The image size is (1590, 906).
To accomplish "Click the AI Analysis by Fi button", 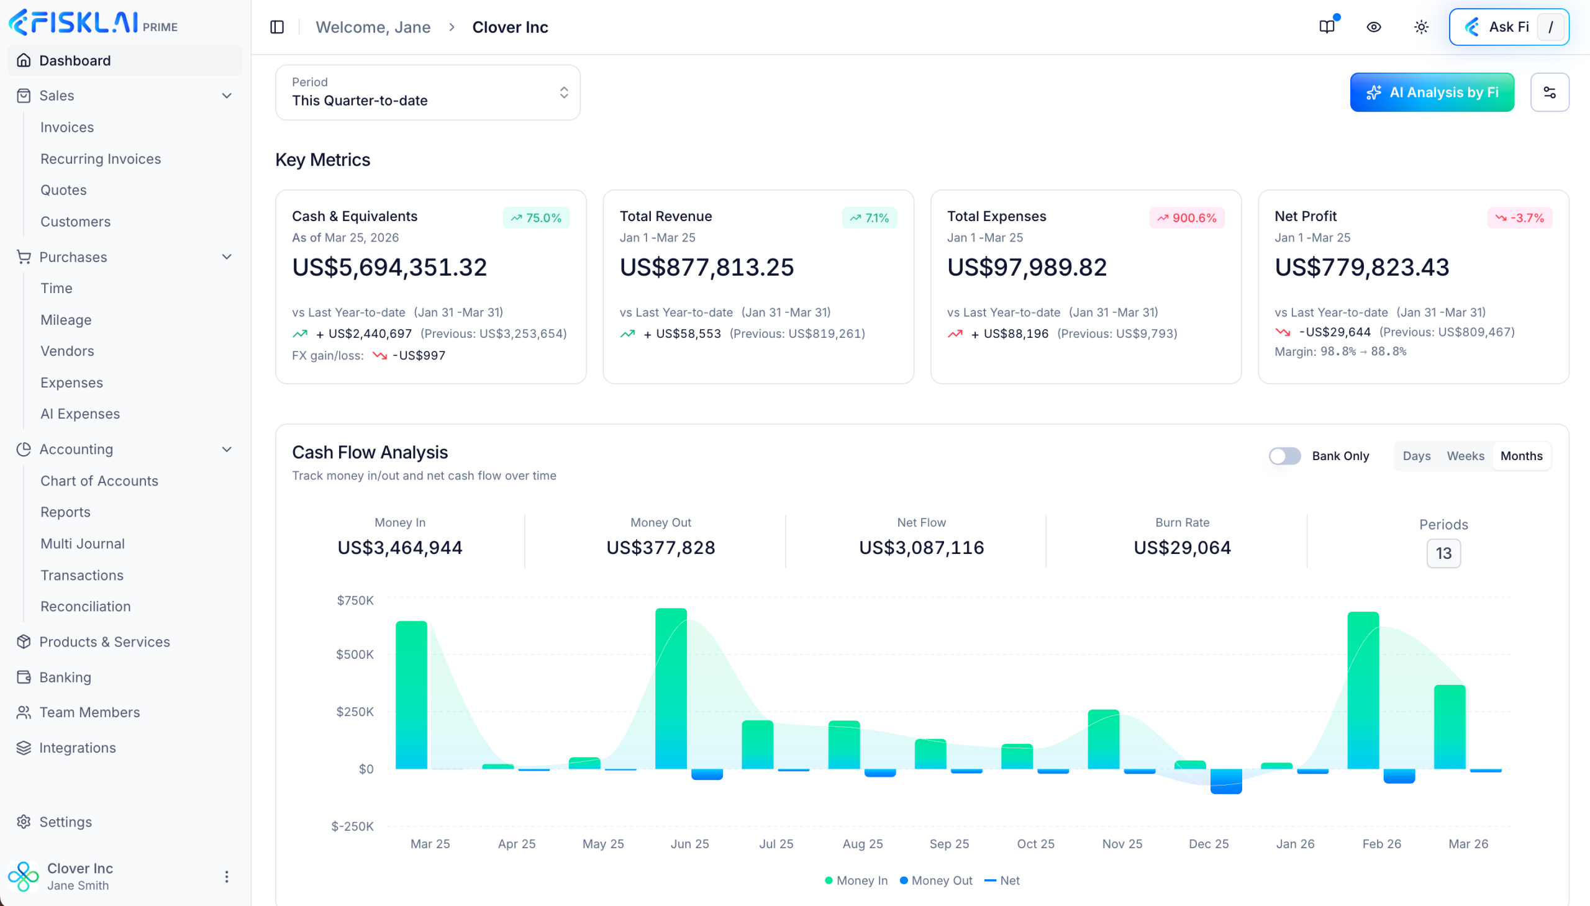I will (1432, 92).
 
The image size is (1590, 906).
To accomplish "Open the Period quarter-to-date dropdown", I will (427, 92).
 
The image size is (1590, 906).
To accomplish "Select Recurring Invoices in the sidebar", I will (100, 159).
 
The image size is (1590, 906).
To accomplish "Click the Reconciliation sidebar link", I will (85, 606).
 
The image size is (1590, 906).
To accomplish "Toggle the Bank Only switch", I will (1284, 456).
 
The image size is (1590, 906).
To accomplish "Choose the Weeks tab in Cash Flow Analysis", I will (1465, 456).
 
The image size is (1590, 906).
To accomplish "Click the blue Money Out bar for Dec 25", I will (1225, 781).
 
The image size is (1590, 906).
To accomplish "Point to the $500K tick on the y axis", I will (355, 654).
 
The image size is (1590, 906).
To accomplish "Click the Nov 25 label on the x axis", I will (1122, 843).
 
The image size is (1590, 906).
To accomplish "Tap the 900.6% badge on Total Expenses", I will (1186, 218).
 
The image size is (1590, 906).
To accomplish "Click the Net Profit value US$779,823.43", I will (1361, 267).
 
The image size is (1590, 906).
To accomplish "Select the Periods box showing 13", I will (1443, 553).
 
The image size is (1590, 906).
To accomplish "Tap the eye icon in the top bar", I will (1373, 27).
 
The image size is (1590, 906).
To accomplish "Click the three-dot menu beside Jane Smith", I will (227, 876).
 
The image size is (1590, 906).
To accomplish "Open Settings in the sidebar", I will (65, 822).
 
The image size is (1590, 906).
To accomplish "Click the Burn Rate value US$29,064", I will (1182, 547).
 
